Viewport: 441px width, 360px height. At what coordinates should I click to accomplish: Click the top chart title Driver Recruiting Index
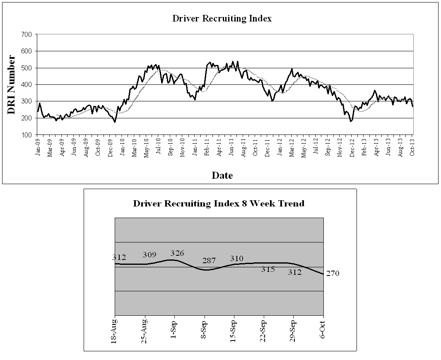222,19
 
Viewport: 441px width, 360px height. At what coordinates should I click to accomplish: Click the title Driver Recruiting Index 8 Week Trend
219,204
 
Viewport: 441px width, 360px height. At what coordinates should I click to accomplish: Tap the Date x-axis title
222,175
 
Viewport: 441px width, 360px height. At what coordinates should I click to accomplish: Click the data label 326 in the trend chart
177,253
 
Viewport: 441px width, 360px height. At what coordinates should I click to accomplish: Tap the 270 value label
333,274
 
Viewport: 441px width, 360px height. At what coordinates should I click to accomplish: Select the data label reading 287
209,261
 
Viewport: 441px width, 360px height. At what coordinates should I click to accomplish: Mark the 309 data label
149,254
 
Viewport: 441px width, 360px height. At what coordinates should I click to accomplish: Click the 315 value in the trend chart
268,269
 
